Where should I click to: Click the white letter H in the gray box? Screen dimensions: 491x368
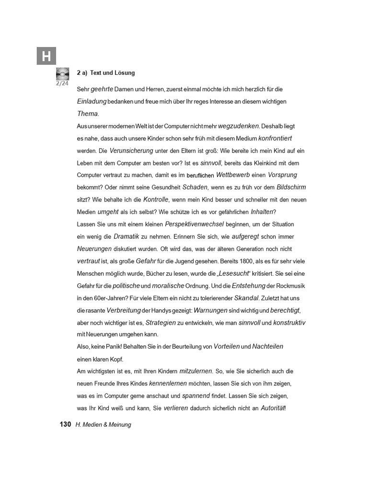[x=46, y=57]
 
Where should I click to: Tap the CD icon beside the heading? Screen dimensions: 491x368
[x=62, y=74]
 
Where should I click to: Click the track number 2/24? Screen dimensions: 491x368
[x=63, y=82]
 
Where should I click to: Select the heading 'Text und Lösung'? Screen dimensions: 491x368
[x=113, y=73]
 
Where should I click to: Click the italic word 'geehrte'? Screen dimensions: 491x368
[x=102, y=89]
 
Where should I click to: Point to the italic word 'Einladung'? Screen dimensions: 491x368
[x=92, y=102]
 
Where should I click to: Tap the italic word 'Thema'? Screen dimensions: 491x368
[x=87, y=114]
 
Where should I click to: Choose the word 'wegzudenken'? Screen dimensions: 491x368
[x=238, y=126]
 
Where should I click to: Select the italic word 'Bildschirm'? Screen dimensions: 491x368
[x=291, y=187]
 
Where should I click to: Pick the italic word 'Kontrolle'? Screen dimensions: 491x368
[x=156, y=199]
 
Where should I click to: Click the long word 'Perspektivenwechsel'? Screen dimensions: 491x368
[x=195, y=224]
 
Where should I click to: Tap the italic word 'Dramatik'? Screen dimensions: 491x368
[x=126, y=236]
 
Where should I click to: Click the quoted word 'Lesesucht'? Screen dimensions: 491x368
[x=235, y=273]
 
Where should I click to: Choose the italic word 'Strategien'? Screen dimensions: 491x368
[x=161, y=323]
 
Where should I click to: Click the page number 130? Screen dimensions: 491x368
[x=65, y=424]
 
